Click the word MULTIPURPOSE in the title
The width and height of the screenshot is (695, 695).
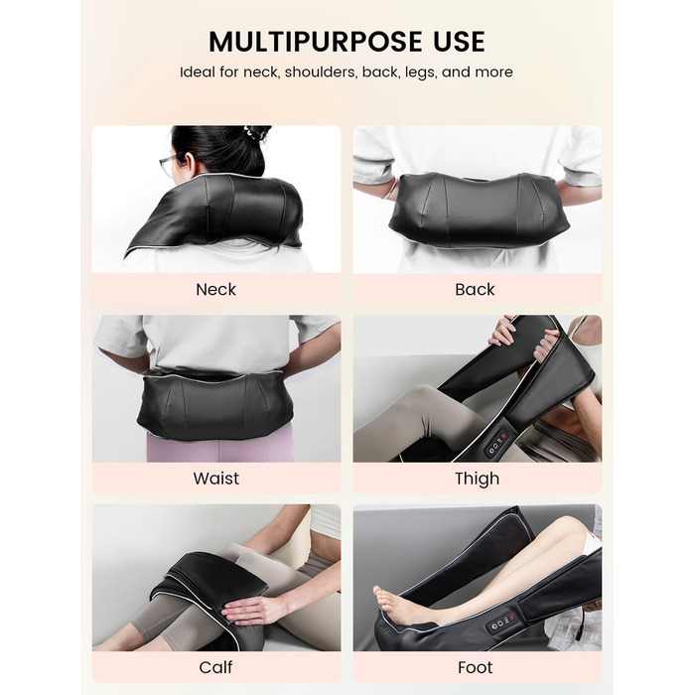point(316,42)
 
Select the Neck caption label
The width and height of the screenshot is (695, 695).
point(215,290)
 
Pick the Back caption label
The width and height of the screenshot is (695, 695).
point(475,290)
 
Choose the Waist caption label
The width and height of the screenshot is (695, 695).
point(215,479)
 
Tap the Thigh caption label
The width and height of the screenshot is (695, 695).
point(477,479)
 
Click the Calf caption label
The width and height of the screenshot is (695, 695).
point(215,667)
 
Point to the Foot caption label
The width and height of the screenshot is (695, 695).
point(476,667)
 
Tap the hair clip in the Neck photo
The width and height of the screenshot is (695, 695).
point(252,132)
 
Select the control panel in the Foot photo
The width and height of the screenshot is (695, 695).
point(501,623)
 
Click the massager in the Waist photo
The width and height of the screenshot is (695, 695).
point(215,405)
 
